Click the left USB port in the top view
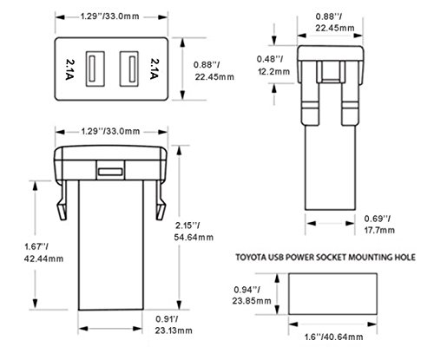point(95,69)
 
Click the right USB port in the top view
point(129,69)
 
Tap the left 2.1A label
point(69,69)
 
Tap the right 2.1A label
point(155,69)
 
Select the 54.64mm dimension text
point(194,238)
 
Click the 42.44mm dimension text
point(43,259)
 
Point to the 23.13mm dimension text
point(174,331)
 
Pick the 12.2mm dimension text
point(273,71)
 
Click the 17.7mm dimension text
point(379,231)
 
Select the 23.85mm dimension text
point(252,301)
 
